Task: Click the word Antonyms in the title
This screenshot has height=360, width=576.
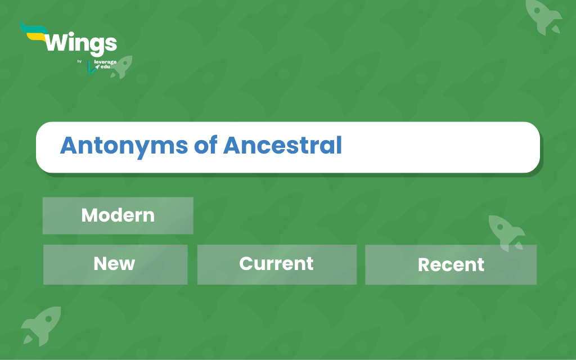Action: click(124, 146)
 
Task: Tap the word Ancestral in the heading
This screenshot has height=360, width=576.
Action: click(282, 145)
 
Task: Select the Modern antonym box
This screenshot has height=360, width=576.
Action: click(118, 215)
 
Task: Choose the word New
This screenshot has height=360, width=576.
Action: click(114, 263)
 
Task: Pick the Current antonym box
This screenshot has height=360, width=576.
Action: click(277, 264)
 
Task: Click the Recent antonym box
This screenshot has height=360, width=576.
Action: click(451, 264)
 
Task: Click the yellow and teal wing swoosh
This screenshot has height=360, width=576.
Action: click(34, 31)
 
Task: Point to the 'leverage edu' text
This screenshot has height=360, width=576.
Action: click(105, 64)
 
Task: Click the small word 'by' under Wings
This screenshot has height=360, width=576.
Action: click(79, 61)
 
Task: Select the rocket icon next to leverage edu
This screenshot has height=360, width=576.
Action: click(122, 67)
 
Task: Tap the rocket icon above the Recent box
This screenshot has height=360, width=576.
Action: click(506, 232)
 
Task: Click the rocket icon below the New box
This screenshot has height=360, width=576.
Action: click(41, 326)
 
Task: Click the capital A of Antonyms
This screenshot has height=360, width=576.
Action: click(69, 146)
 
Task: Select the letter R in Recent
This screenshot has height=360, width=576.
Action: click(424, 265)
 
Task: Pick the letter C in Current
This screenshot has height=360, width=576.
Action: click(246, 263)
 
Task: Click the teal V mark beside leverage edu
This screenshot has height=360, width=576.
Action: click(91, 67)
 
